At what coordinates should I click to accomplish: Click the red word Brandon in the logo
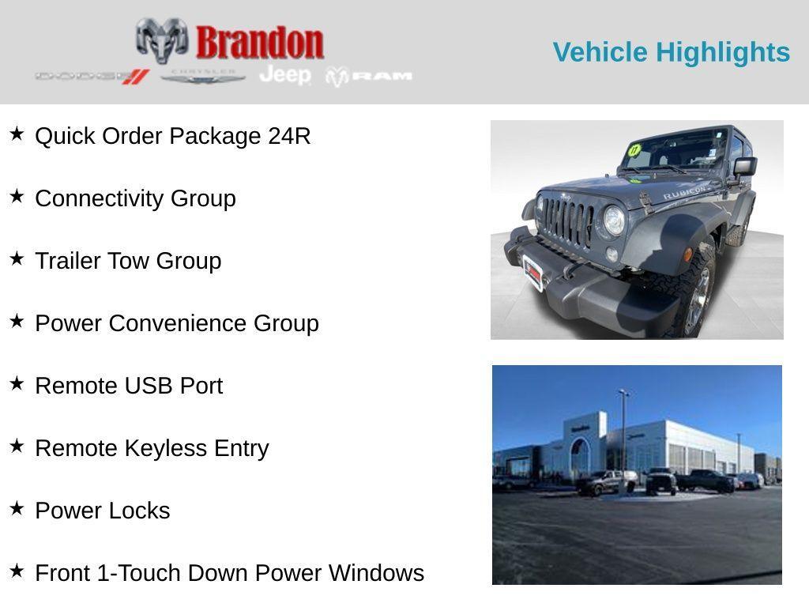(x=259, y=42)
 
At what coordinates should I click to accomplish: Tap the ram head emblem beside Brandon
(x=162, y=40)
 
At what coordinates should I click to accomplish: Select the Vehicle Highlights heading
(x=671, y=52)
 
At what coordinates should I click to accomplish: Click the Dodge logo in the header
(x=92, y=77)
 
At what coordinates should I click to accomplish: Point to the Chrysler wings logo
(x=203, y=77)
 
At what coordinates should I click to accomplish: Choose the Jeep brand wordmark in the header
(x=285, y=75)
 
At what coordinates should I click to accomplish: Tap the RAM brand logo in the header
(x=370, y=76)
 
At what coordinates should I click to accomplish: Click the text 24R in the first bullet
(x=289, y=136)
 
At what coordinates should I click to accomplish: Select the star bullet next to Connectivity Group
(x=17, y=197)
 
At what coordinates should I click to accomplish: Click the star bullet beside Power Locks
(x=17, y=509)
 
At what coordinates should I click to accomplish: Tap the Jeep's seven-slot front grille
(x=566, y=221)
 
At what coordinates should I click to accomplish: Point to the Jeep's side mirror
(x=744, y=167)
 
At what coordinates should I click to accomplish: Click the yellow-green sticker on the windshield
(x=634, y=150)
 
